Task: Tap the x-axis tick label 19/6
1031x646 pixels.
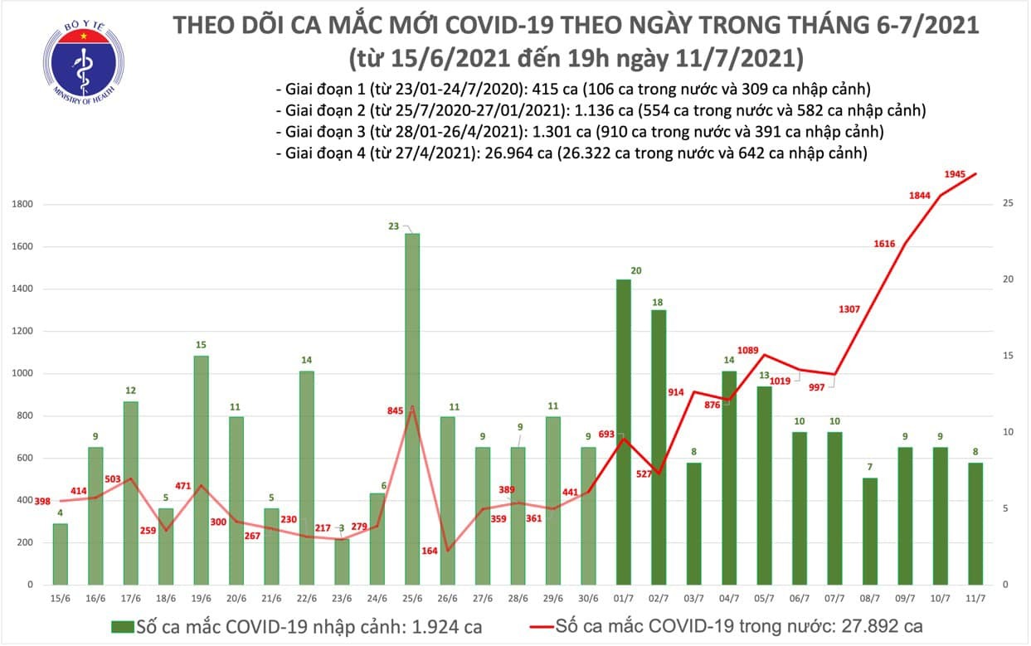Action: [x=201, y=598]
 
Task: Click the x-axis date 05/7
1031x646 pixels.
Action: [x=765, y=598]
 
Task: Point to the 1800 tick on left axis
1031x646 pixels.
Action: [x=22, y=205]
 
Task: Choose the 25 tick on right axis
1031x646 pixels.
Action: [x=1005, y=203]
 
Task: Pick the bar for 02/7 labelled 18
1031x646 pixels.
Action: [x=659, y=447]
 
